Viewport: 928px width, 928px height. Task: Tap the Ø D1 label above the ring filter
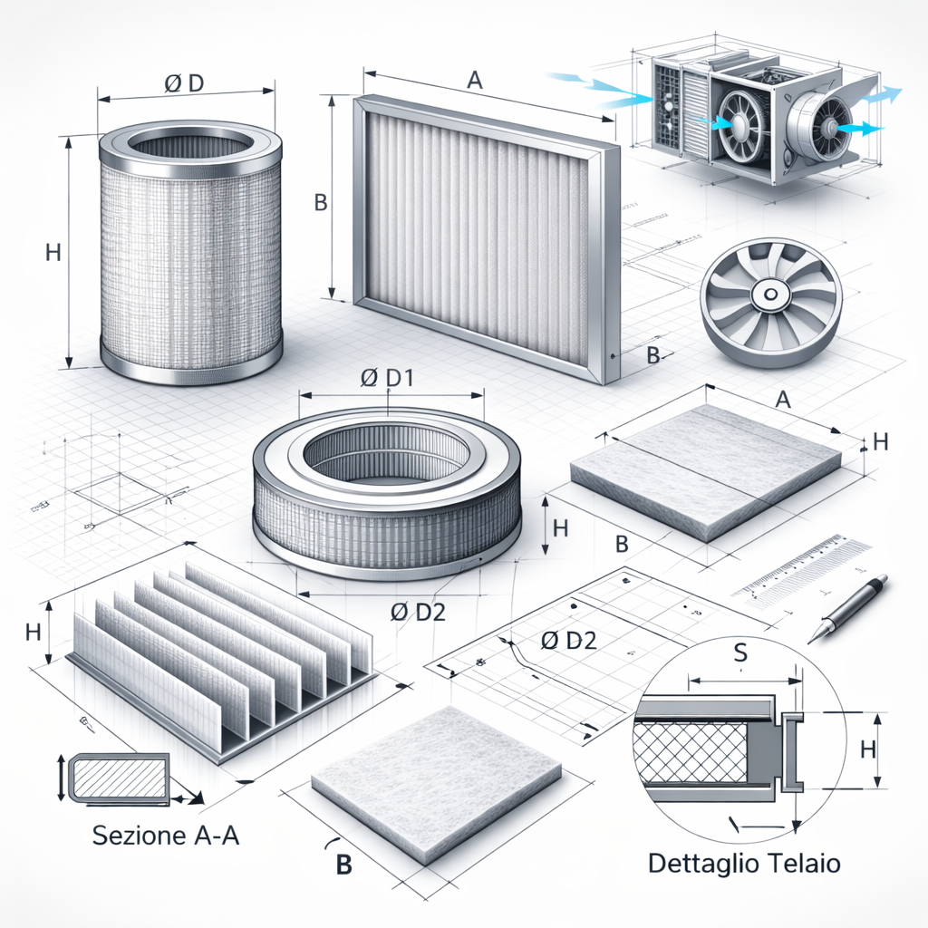click(x=387, y=380)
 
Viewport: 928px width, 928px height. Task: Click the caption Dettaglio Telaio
click(x=744, y=863)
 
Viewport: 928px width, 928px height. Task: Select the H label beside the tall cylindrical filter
click(x=53, y=254)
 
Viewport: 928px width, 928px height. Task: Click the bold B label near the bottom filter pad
click(x=343, y=865)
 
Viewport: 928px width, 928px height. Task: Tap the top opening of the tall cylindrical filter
click(x=189, y=146)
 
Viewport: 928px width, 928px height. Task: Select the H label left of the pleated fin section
click(x=34, y=633)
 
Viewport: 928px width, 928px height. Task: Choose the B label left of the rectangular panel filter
click(x=319, y=203)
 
